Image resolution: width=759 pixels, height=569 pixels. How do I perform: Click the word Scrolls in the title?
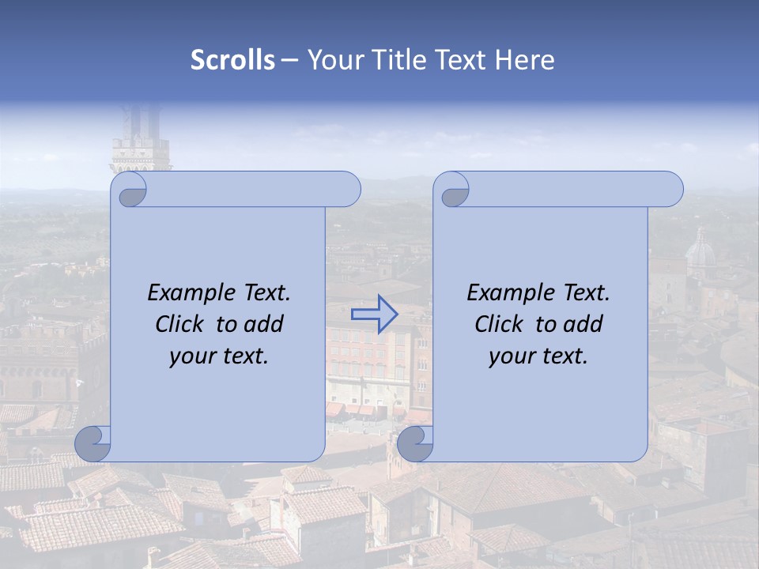pos(233,60)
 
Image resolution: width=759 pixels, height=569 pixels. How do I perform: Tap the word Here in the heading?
pos(524,60)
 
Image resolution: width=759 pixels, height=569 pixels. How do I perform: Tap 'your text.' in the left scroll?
pos(219,356)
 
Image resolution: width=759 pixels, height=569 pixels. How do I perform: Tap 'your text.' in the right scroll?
pos(538,356)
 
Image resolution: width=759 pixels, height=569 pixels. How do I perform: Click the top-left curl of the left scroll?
pos(130,190)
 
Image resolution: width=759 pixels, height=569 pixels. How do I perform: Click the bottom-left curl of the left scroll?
pos(93,444)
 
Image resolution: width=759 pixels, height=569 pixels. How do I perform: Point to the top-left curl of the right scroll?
pos(453,190)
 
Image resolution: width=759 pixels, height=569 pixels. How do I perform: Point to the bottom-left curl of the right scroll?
pos(415,444)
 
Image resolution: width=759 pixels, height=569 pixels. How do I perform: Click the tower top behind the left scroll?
pos(141,142)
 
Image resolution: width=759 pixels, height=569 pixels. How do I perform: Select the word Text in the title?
pos(464,60)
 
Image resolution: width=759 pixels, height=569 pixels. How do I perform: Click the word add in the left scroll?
pos(265,324)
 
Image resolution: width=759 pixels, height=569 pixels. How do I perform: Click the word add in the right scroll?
pos(584,324)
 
